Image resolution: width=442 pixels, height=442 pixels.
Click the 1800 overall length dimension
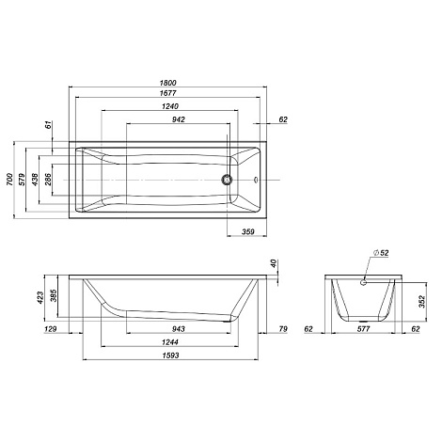168,83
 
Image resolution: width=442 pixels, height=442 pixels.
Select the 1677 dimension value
168,93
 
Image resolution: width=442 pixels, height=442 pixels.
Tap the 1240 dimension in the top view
170,106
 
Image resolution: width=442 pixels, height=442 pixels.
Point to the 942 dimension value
179,119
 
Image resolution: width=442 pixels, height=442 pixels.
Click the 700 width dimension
10,180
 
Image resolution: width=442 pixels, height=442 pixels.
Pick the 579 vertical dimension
22,180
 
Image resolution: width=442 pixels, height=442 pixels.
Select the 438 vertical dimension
35,180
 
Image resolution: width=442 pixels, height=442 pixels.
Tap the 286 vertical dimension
48,180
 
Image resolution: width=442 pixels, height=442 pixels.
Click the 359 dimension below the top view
248,231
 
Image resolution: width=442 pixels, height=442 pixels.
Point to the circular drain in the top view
227,180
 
